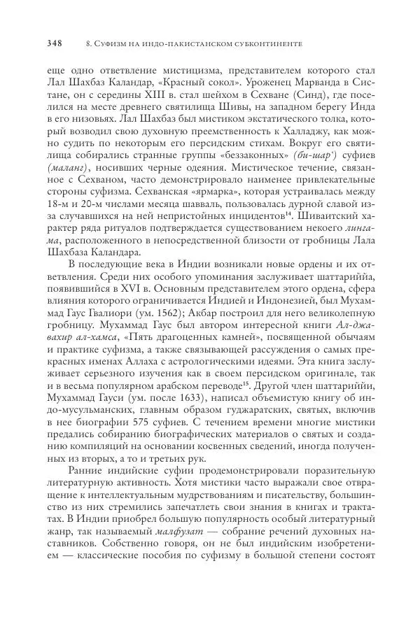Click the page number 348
coord(54,44)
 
